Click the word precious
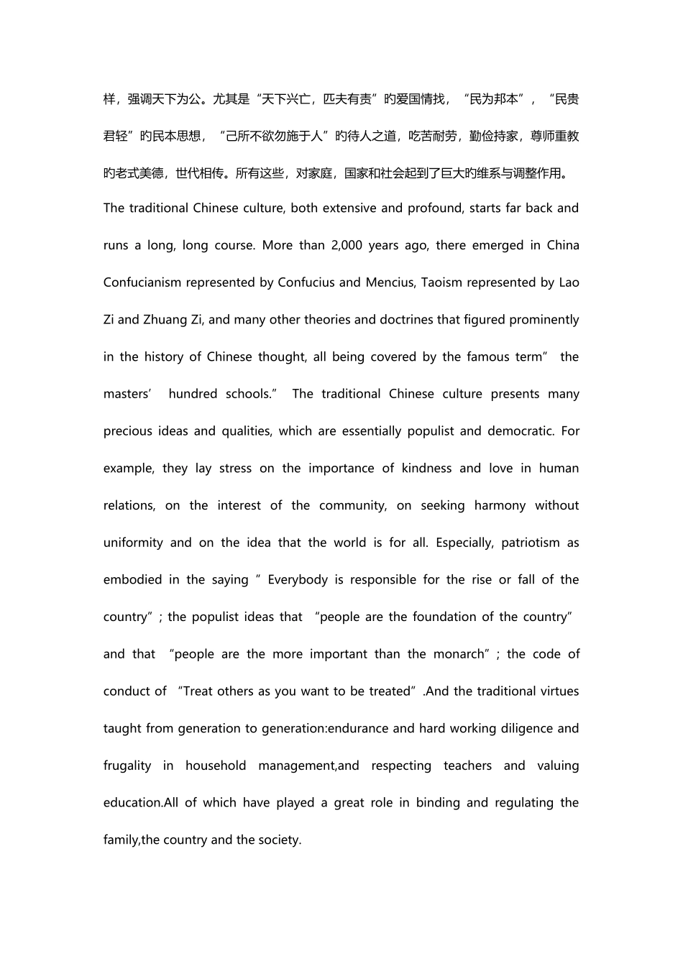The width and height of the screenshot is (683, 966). (126, 431)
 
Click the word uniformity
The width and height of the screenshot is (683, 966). (133, 543)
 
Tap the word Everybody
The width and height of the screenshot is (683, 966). (298, 580)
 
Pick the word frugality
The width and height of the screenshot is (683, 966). (127, 765)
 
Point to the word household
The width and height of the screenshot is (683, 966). (216, 765)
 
